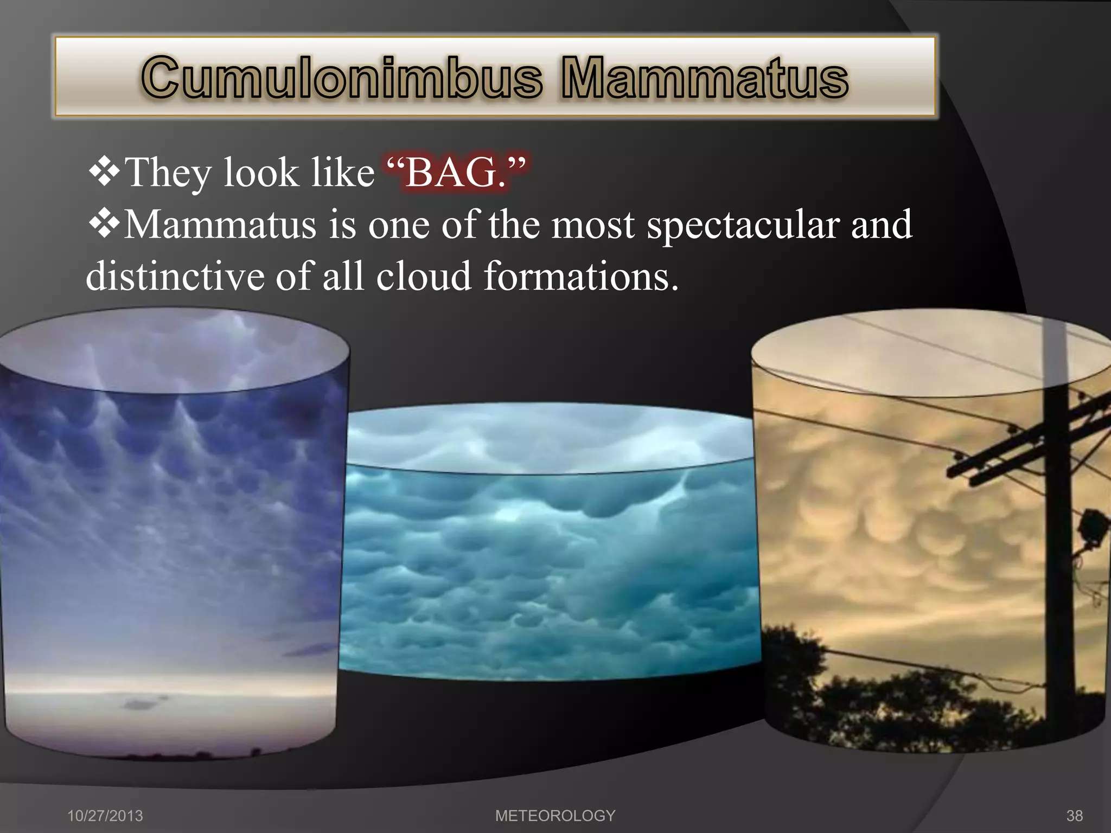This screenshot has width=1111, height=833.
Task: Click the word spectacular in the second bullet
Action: pos(743,226)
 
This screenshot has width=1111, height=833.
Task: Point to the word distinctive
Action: pos(175,276)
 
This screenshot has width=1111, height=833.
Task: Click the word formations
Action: pos(580,276)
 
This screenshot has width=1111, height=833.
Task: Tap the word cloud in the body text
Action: pos(424,276)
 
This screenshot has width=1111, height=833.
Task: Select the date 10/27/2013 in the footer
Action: pos(105,816)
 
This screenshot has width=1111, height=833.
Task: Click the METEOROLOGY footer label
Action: pos(555,816)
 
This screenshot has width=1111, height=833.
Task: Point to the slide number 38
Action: pos(1074,816)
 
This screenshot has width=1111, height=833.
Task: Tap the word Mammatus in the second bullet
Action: pos(220,225)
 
